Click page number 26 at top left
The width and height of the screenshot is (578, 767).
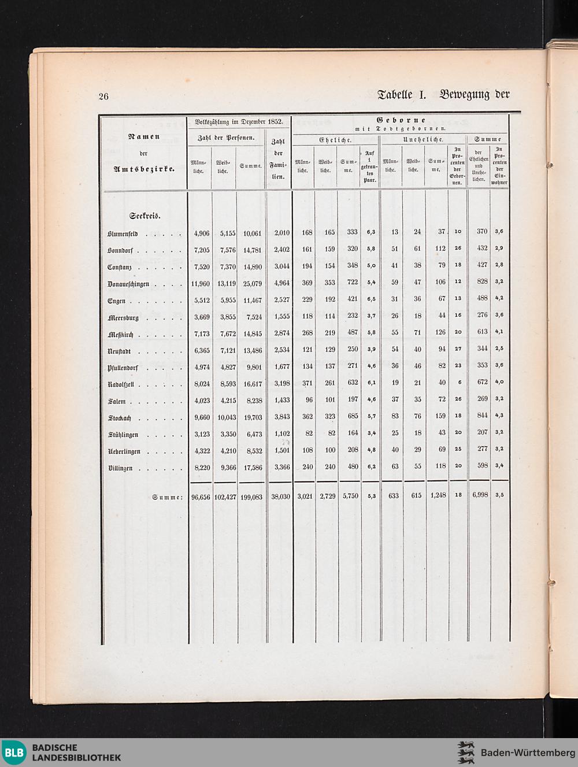(103, 97)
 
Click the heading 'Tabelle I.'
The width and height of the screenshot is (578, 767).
(401, 94)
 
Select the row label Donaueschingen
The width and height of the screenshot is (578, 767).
(128, 284)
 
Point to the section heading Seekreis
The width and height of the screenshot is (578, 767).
(145, 216)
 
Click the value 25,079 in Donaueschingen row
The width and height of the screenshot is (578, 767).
(252, 284)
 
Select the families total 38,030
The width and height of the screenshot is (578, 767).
(280, 496)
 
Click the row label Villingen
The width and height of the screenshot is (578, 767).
(120, 469)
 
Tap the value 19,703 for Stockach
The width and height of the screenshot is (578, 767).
(252, 417)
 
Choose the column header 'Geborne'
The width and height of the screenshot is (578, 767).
(401, 120)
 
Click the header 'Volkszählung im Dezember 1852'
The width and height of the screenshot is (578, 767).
(239, 122)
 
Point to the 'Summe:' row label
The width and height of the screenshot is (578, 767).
(167, 497)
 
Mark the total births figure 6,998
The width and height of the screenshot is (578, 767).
(480, 495)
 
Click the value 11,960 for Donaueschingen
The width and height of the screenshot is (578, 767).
(200, 284)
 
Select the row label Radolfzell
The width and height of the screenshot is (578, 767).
(121, 385)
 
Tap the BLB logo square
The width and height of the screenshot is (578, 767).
(14, 753)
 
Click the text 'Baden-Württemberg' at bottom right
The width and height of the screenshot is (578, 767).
(527, 753)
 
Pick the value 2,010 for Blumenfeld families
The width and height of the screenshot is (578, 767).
(281, 234)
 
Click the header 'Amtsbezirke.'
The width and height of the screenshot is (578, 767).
(144, 169)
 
